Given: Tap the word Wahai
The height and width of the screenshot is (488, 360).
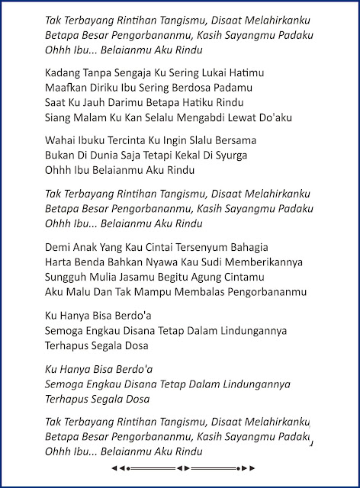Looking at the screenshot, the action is (61, 142).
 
